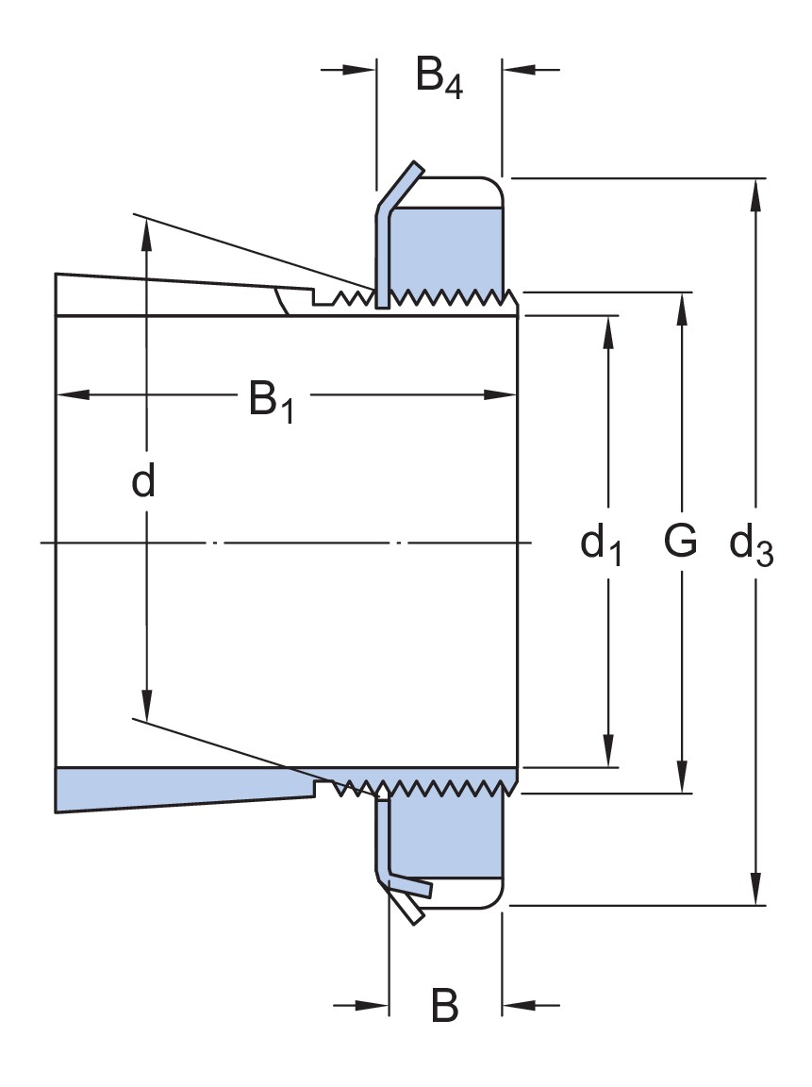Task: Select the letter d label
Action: pyautogui.click(x=143, y=482)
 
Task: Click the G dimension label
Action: pyautogui.click(x=680, y=542)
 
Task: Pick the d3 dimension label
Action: pyautogui.click(x=752, y=546)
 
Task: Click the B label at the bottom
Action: pyautogui.click(x=444, y=1006)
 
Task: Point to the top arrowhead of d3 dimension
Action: pyautogui.click(x=756, y=192)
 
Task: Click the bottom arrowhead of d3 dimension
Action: pyautogui.click(x=756, y=891)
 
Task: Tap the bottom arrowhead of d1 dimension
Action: pyautogui.click(x=609, y=751)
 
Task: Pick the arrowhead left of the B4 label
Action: pyautogui.click(x=360, y=69)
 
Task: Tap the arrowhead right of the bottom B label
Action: pyautogui.click(x=518, y=1006)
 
